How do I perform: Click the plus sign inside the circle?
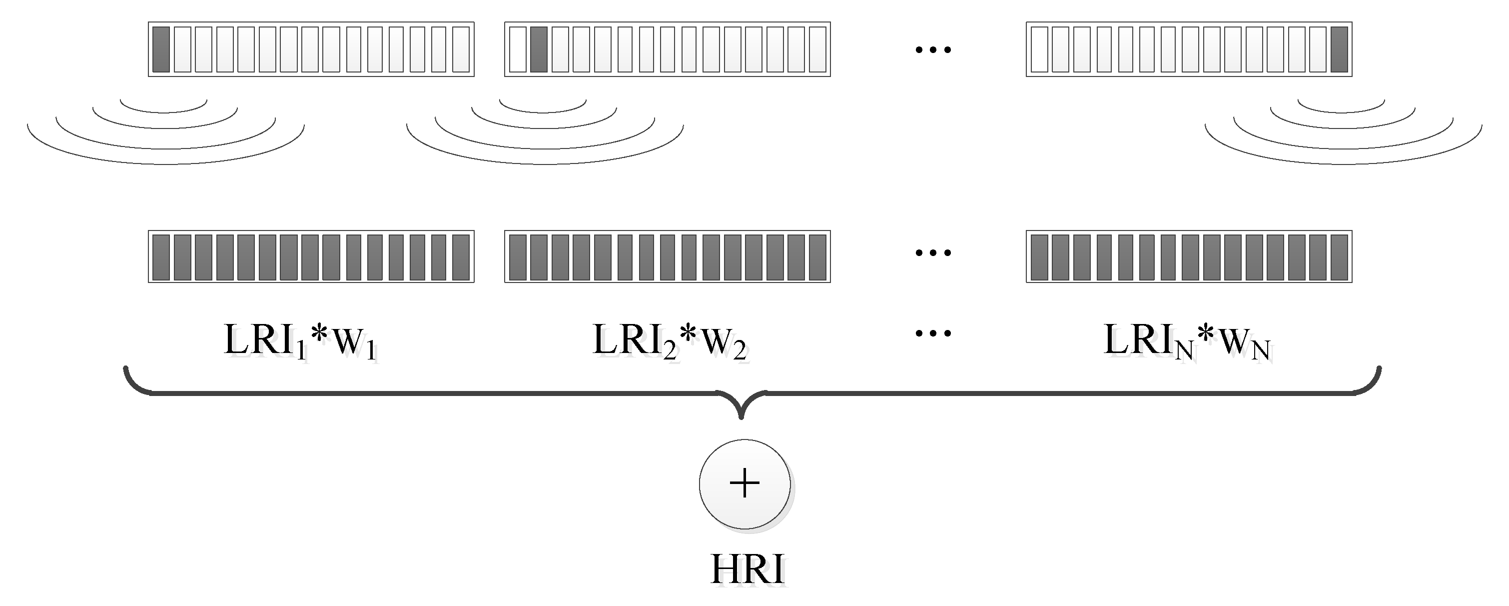(x=745, y=483)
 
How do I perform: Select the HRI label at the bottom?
(x=747, y=569)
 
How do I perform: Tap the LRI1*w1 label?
(x=299, y=340)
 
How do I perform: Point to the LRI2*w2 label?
(x=669, y=340)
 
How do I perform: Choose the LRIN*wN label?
(x=1186, y=340)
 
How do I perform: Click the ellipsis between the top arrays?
(x=933, y=50)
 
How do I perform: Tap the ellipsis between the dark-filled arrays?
(x=933, y=253)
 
